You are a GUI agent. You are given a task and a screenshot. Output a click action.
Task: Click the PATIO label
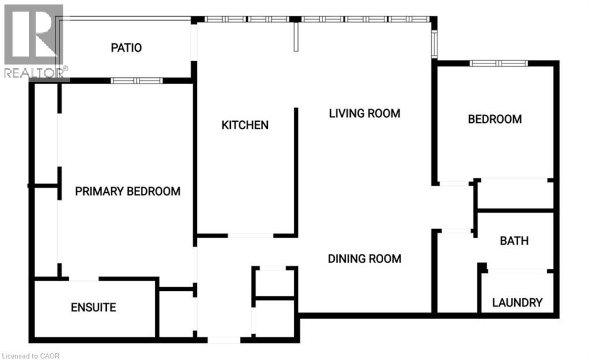click(x=126, y=48)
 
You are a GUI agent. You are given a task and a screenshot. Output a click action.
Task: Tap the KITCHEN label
click(x=245, y=125)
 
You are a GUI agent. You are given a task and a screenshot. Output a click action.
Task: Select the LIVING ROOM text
click(x=364, y=113)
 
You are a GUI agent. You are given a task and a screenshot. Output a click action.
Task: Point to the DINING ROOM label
click(x=364, y=258)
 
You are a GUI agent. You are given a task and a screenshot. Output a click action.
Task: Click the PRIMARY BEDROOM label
click(x=128, y=191)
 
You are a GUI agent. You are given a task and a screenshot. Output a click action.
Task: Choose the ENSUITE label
click(x=93, y=307)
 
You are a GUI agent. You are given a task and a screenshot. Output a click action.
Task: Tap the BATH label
click(x=514, y=241)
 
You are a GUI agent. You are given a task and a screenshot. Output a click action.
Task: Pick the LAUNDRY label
click(x=517, y=302)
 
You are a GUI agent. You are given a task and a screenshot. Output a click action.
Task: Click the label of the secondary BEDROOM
click(x=495, y=119)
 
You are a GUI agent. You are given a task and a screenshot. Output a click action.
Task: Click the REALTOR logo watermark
click(x=33, y=40)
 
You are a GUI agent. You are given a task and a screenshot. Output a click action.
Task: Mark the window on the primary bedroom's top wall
click(x=134, y=81)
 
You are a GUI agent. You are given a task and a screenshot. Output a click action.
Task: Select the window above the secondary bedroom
click(x=499, y=63)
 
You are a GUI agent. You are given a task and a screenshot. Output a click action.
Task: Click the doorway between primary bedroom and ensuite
click(x=84, y=280)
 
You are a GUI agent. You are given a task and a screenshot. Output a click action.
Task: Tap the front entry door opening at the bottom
click(x=224, y=340)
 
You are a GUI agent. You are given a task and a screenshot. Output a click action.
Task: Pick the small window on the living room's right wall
click(x=435, y=43)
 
